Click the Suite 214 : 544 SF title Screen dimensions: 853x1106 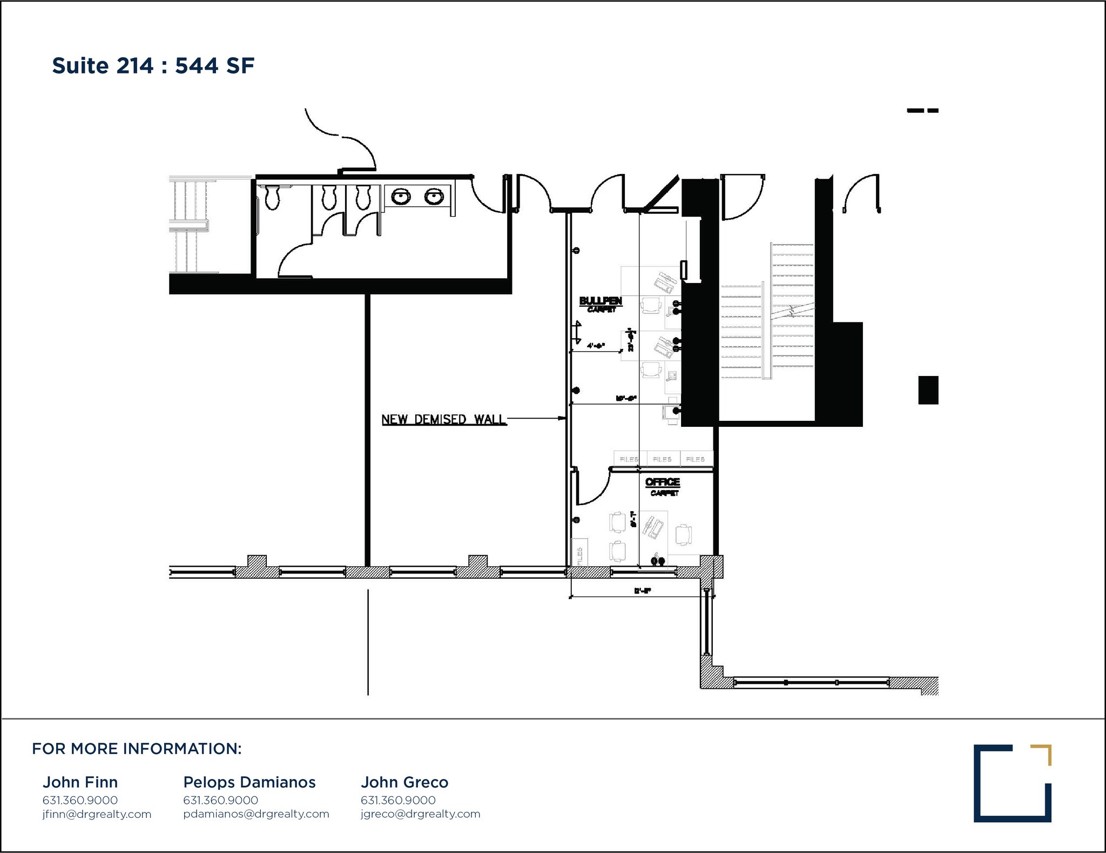point(153,66)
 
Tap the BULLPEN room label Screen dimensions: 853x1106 point(601,301)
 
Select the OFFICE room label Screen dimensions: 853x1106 point(663,482)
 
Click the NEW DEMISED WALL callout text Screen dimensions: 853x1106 point(443,419)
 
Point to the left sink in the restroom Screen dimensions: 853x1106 point(400,197)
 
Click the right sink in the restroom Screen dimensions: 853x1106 point(434,197)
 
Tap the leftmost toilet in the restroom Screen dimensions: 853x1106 point(272,197)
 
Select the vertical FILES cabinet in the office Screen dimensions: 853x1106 point(580,552)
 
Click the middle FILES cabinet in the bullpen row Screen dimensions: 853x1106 point(663,459)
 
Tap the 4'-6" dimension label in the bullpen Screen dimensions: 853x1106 point(596,346)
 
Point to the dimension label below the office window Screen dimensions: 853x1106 point(643,591)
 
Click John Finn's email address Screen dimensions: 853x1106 point(97,814)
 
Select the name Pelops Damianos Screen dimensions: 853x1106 point(249,782)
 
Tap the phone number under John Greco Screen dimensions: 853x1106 point(398,800)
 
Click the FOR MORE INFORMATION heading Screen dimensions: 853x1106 point(137,749)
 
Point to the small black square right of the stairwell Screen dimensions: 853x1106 point(928,390)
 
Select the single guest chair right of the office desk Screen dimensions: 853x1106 point(684,534)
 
